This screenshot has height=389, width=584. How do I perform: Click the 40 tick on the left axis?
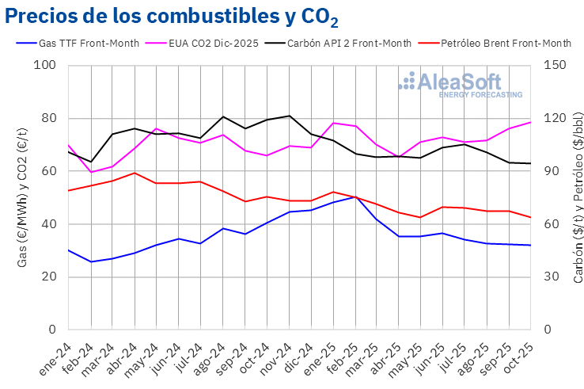point(49,224)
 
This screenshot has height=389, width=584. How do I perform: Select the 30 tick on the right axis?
point(552,276)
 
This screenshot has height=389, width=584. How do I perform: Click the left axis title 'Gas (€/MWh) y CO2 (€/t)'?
point(23,198)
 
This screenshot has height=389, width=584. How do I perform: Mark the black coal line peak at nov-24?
point(290,116)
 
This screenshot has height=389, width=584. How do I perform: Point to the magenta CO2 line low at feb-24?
point(92,172)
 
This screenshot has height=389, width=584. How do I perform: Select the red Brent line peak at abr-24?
point(135,173)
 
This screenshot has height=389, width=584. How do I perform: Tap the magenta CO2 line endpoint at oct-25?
point(530,122)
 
